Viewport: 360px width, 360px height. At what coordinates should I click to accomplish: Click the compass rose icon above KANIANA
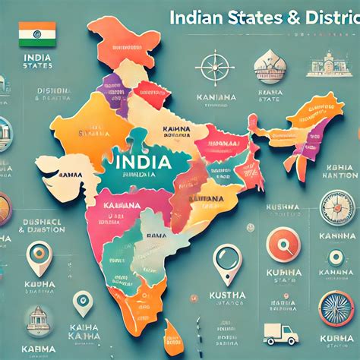tap(216, 64)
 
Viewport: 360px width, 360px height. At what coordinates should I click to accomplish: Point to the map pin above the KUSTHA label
tap(226, 258)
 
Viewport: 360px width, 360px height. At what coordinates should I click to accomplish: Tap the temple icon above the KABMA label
tap(38, 319)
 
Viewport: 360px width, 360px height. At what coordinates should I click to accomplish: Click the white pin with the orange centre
tap(39, 258)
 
